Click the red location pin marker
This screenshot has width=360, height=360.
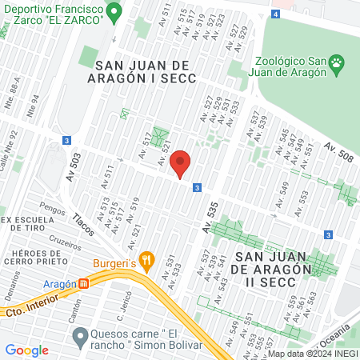pyautogui.click(x=180, y=163)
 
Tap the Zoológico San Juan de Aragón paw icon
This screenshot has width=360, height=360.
pyautogui.click(x=338, y=62)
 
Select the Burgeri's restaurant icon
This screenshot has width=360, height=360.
pyautogui.click(x=146, y=259)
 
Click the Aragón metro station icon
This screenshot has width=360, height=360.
pyautogui.click(x=83, y=283)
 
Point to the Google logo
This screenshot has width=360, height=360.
pyautogui.click(x=26, y=350)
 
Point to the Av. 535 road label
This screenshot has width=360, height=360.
pyautogui.click(x=210, y=217)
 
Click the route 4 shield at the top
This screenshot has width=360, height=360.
pyautogui.click(x=276, y=14)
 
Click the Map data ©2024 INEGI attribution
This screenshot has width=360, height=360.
pyautogui.click(x=312, y=354)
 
